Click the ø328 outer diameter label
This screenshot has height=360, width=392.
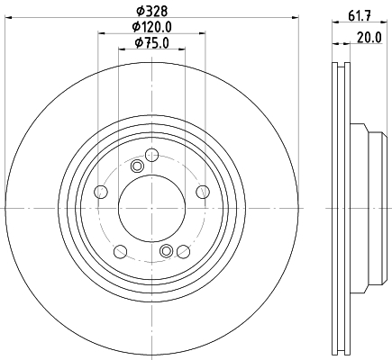coord(151,11)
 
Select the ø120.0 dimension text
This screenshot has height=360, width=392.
coord(152,27)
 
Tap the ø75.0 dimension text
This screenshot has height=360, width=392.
coord(152,43)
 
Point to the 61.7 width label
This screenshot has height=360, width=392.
coord(360,15)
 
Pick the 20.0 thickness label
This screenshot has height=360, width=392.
coord(369,38)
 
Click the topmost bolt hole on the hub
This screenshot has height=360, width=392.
coord(151,155)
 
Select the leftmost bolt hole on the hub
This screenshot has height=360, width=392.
coord(101,192)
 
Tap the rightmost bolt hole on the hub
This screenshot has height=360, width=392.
coord(203,192)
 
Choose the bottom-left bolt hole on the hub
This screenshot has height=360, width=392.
coord(121,251)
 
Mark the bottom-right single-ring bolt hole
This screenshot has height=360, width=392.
coord(183,251)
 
